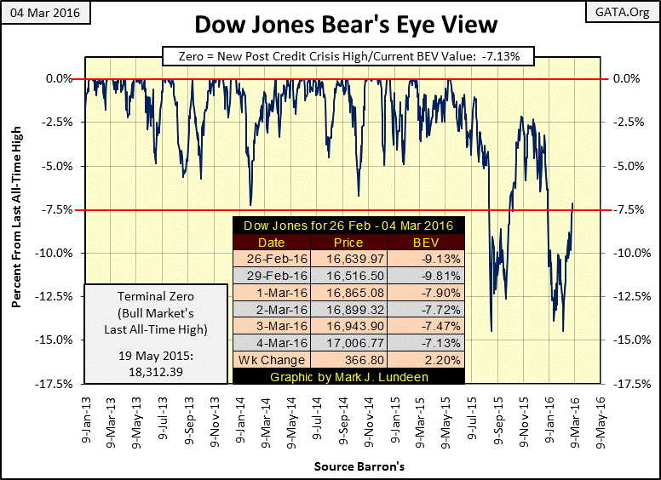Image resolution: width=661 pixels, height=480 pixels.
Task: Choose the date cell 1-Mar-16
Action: (271, 292)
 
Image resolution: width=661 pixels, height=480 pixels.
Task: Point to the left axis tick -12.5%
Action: (55, 296)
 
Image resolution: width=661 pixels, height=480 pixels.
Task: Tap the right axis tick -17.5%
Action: (626, 384)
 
